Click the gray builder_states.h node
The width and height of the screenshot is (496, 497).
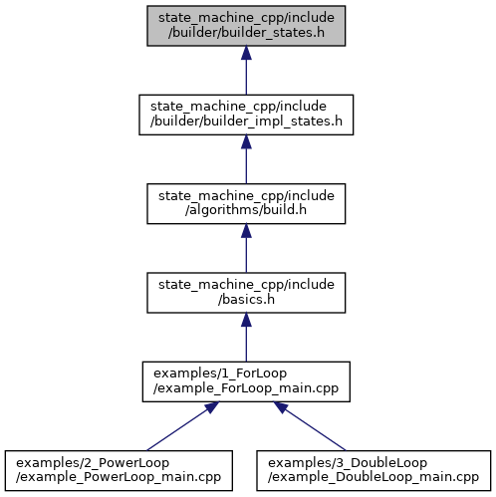pos(246,26)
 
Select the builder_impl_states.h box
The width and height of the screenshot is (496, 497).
pos(246,115)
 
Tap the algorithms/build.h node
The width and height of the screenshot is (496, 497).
pos(246,203)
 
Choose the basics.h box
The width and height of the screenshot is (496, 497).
pos(246,293)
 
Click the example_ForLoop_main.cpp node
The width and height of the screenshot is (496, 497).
pos(246,381)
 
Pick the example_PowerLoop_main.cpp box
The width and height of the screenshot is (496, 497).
pos(119,470)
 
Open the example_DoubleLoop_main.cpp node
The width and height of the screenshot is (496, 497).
pos(373,470)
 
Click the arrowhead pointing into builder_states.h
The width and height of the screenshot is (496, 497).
pos(246,53)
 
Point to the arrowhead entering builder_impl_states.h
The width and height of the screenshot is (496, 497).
pos(246,141)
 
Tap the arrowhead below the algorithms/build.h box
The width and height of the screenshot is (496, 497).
pos(246,231)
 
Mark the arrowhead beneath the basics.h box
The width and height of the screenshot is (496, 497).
pos(246,320)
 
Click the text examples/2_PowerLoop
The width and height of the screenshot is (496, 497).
pos(93,462)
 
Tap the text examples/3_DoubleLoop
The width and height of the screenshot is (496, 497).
pos(348,462)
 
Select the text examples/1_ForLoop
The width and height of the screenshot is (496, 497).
pos(220,373)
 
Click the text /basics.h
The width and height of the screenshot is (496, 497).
pos(246,300)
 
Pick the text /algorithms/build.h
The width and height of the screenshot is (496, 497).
pos(246,210)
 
